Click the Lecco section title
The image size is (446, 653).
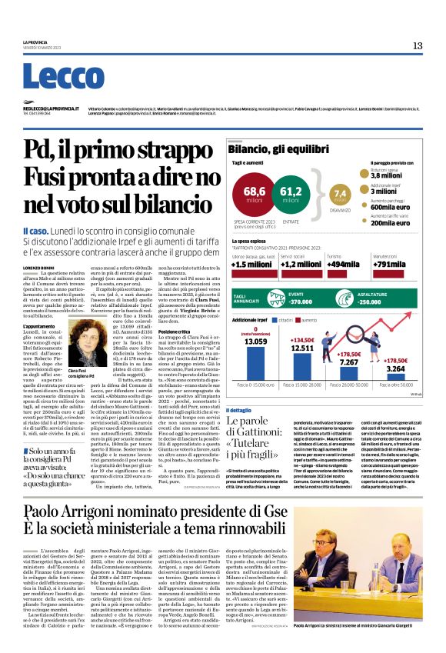52,76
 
